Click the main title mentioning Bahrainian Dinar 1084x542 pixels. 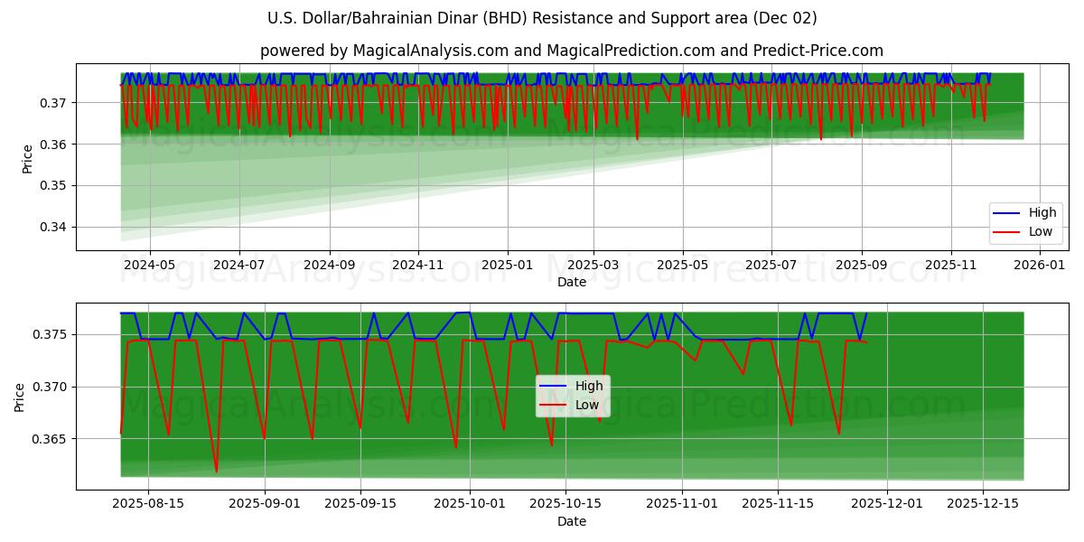click(542, 18)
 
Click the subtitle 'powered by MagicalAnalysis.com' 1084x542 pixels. click(571, 51)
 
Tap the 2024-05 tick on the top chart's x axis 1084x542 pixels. click(149, 265)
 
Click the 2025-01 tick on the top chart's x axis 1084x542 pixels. click(507, 265)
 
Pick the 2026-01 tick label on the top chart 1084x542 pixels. click(1040, 265)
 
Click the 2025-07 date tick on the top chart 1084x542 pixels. click(771, 265)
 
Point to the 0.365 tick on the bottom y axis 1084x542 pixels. click(51, 439)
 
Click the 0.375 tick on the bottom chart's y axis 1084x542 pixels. click(51, 334)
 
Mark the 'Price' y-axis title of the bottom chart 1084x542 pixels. click(20, 397)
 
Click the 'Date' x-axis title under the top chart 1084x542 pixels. click(571, 282)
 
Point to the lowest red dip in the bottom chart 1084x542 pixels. click(216, 472)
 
